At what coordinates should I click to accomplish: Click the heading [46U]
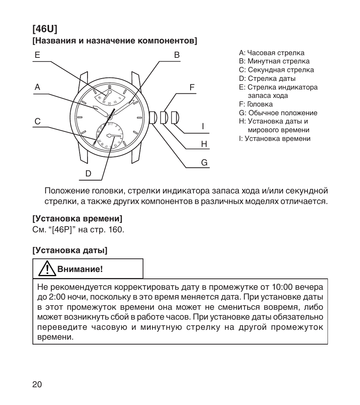[45, 29]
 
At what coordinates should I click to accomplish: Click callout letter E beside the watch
[37, 55]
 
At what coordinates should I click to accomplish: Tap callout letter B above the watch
[177, 55]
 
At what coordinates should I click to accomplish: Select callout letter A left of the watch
[37, 87]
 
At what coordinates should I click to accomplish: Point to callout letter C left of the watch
[37, 122]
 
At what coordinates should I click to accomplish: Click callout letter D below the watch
[88, 174]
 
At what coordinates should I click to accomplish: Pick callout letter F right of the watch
[192, 87]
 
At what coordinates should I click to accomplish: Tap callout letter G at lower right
[204, 163]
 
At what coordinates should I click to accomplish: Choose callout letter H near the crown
[204, 144]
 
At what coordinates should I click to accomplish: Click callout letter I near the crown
[203, 126]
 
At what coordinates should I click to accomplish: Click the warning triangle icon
[46, 269]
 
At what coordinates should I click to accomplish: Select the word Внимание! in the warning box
[80, 269]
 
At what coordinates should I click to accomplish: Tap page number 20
[37, 384]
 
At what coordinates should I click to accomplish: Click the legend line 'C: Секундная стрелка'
[276, 70]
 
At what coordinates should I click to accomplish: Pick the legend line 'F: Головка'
[256, 104]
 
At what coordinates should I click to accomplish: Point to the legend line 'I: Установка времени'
[275, 139]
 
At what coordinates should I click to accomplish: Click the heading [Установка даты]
[70, 250]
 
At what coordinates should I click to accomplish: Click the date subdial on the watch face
[109, 135]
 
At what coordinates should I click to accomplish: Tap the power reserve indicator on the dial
[109, 95]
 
